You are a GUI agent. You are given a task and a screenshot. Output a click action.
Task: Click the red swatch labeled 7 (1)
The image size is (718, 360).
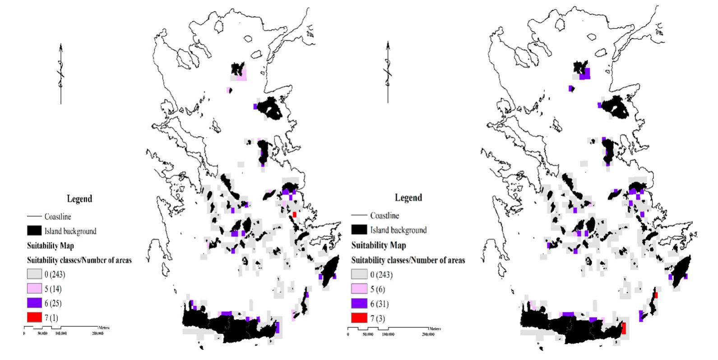point(34,318)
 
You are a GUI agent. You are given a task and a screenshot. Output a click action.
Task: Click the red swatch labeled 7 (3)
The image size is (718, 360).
point(360,318)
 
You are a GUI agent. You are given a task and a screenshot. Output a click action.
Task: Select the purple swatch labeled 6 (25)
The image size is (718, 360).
point(34,303)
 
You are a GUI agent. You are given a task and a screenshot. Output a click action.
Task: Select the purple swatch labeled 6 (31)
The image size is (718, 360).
point(360,303)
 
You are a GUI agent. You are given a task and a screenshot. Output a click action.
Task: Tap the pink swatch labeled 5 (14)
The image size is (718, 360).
point(34,289)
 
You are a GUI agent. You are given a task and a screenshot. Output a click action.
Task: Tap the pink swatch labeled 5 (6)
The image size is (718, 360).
point(360,289)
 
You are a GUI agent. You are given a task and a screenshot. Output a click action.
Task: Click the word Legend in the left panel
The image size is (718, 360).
point(79,198)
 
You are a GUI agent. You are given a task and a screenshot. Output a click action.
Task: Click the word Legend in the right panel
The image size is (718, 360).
point(408,198)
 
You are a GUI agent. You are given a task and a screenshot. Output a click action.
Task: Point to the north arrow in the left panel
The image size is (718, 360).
point(61,74)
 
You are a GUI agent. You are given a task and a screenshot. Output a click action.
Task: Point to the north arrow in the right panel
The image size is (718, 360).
point(388,72)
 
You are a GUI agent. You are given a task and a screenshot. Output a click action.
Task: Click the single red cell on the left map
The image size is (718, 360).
point(294,215)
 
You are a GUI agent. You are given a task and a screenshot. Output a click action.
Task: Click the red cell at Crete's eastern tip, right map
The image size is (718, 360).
point(624,328)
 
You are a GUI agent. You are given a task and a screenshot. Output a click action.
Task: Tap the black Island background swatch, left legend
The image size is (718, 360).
point(34,231)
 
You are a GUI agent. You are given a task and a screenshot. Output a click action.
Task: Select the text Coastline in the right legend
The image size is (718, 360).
point(384,216)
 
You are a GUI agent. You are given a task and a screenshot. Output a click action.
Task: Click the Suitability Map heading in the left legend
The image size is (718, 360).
point(50,246)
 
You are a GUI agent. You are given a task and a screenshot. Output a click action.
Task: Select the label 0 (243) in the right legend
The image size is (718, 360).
point(381,275)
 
